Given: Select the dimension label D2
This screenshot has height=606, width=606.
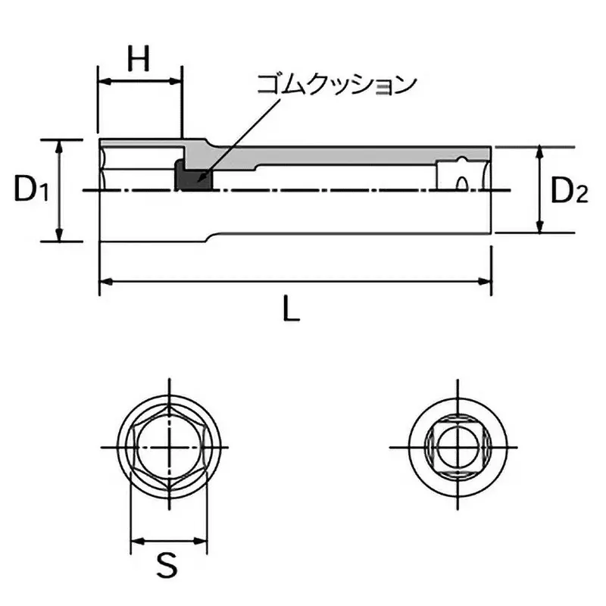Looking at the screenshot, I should coord(568,191).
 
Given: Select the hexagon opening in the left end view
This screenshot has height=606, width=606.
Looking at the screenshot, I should coord(168,447).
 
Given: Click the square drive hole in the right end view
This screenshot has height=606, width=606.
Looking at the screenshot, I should coord(457,447).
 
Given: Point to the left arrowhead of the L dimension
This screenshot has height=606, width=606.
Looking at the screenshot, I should coord(105,282).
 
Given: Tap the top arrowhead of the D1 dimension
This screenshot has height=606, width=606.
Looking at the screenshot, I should coord(59,145).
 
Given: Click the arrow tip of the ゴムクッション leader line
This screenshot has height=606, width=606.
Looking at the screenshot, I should coord(198,182).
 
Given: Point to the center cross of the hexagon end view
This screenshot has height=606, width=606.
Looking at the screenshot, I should coord(168,447).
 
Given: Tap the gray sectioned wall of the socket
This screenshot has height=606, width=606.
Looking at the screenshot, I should coord(303,156).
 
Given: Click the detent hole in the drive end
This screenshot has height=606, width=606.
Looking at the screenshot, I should coord(460,183).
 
